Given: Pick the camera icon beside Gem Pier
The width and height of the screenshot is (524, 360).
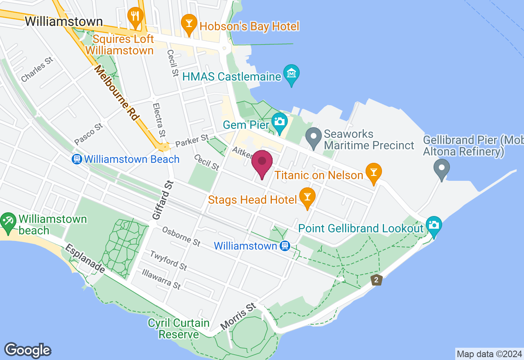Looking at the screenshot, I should [x=280, y=122].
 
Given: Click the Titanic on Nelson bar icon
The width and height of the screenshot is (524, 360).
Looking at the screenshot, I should [x=373, y=172].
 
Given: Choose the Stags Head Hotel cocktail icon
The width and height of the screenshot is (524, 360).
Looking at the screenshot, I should [x=307, y=197].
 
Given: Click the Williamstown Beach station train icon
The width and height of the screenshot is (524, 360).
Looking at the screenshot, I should [x=77, y=159].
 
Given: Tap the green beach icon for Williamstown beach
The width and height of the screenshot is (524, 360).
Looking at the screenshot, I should [x=7, y=221].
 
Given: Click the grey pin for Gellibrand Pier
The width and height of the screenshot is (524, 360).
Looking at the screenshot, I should [x=442, y=169].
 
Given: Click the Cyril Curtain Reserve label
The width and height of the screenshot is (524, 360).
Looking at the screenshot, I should [x=179, y=328].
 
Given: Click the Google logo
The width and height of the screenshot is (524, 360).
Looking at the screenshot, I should [x=27, y=351].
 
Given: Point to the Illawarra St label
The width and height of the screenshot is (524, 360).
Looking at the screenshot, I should [x=160, y=279].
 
